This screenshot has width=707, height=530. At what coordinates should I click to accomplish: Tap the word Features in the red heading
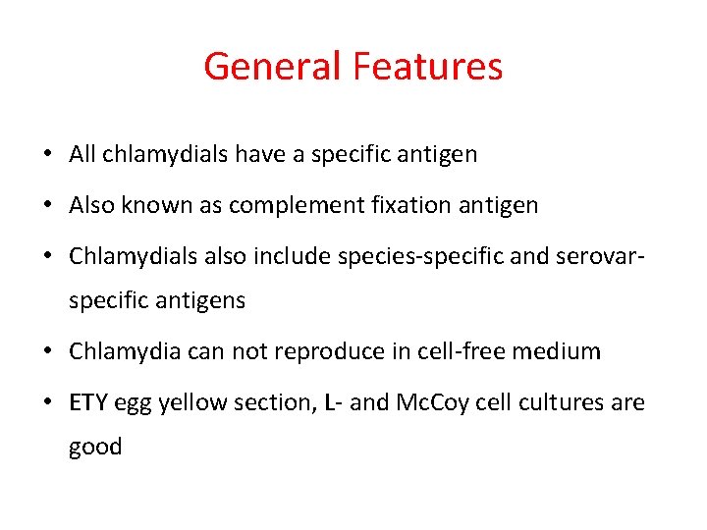pyautogui.click(x=427, y=67)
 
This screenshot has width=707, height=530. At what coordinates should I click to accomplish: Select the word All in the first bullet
pyautogui.click(x=82, y=154)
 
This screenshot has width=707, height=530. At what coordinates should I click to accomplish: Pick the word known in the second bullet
pyautogui.click(x=155, y=205)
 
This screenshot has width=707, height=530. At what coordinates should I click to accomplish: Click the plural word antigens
pyautogui.click(x=200, y=300)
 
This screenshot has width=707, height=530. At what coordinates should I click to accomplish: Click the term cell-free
pyautogui.click(x=465, y=351)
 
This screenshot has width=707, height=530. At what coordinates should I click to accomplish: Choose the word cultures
pyautogui.click(x=563, y=402)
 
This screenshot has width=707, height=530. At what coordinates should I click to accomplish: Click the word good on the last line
pyautogui.click(x=95, y=447)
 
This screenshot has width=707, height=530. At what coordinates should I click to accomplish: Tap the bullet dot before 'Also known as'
pyautogui.click(x=47, y=206)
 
